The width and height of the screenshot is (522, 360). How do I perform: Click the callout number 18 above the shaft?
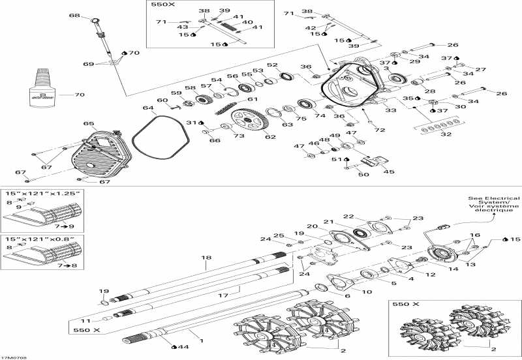click(x=207, y=258)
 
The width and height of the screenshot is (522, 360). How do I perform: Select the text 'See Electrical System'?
click(x=493, y=202)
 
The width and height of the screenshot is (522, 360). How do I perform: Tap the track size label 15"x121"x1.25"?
click(x=43, y=193)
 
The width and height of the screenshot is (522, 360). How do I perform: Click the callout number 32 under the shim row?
click(x=446, y=134)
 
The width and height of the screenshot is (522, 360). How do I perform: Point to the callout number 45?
click(x=389, y=172)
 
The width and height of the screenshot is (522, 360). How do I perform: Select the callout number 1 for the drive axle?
click(x=201, y=341)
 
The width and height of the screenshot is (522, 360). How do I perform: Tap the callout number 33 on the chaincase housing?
click(x=390, y=111)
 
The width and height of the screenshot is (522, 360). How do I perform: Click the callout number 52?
click(x=272, y=65)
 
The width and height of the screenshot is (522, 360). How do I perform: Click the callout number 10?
click(x=368, y=292)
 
